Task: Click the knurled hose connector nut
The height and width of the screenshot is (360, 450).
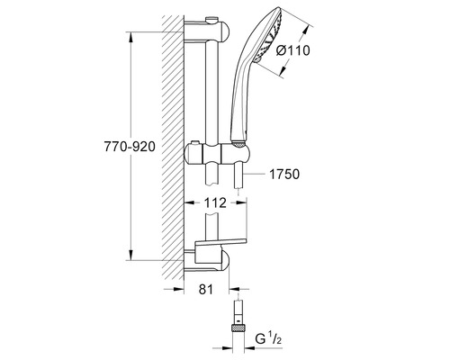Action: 239,331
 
